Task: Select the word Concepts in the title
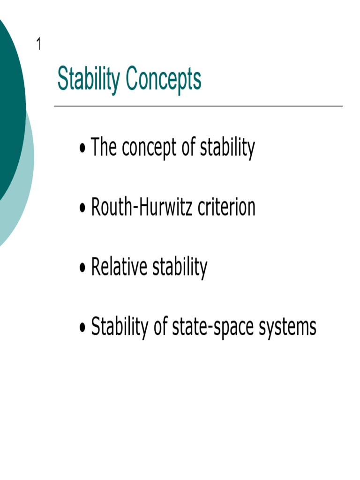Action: [x=164, y=80]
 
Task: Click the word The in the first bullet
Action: [x=103, y=147]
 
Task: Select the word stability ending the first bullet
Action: [x=227, y=148]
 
